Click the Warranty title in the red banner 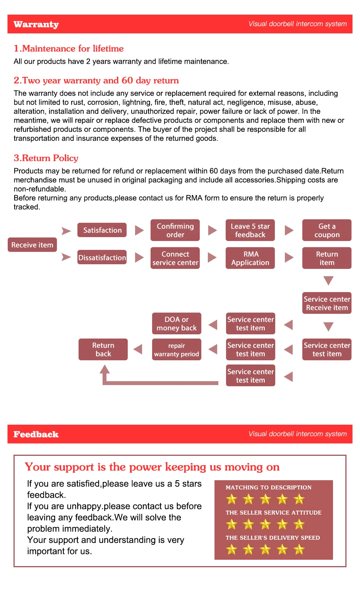coord(36,24)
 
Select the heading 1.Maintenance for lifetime coord(69,48)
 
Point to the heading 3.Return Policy coord(46,158)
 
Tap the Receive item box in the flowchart coord(32,245)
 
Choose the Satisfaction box coord(102,230)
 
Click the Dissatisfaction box coord(102,257)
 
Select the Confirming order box coord(175,230)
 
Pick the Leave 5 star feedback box coord(250,230)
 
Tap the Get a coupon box coord(327,230)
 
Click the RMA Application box coord(250,258)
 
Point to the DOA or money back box coord(177,323)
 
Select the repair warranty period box coord(177,350)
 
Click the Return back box coord(103,350)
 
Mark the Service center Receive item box coord(327,303)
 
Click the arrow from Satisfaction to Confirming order coord(139,230)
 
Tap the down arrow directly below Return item coord(328,280)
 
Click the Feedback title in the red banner coord(36,434)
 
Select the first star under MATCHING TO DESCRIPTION coord(231,499)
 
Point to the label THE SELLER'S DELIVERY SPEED coord(273,538)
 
